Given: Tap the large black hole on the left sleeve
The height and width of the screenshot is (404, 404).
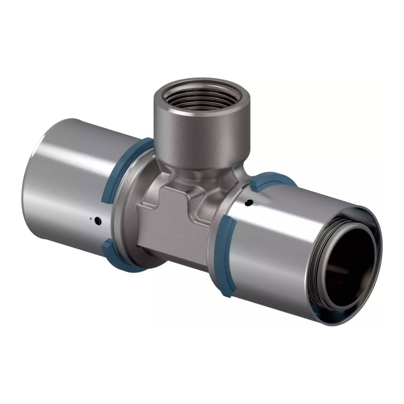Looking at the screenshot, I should point(98,221).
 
